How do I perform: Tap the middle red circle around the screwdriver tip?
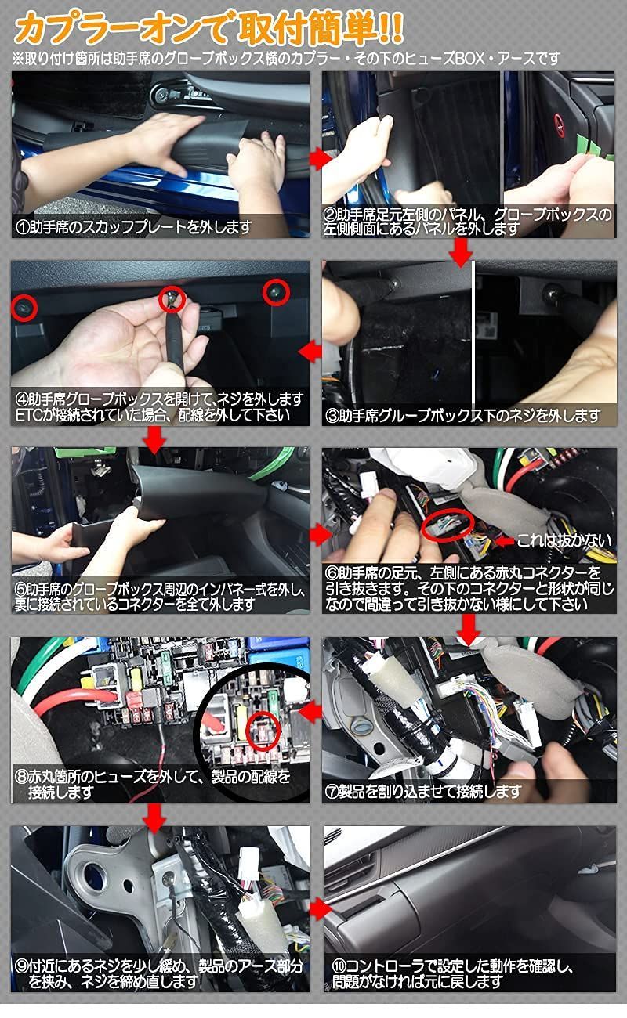[172, 298]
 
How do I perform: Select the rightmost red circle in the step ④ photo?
[276, 292]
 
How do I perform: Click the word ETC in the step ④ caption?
[30, 415]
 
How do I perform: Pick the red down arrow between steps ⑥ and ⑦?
[469, 627]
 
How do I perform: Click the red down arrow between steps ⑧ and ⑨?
[154, 817]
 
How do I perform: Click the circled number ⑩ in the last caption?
[339, 966]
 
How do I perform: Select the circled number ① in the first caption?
[24, 227]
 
